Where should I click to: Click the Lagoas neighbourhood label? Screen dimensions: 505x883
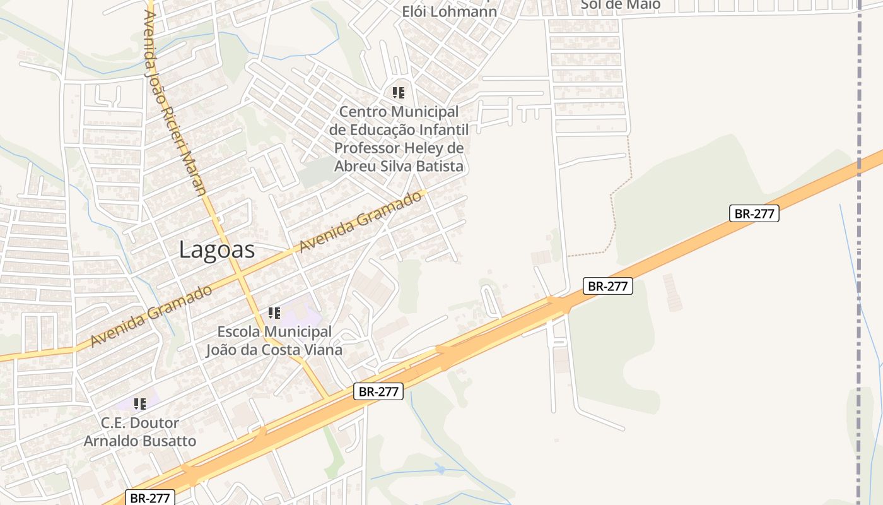click(x=217, y=250)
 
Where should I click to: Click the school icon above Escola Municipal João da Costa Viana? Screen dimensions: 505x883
click(x=274, y=313)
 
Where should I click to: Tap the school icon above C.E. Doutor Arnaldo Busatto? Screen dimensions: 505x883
click(x=140, y=404)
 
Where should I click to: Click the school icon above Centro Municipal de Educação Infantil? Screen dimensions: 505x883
click(x=399, y=93)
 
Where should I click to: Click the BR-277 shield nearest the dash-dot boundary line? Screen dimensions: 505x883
click(x=754, y=213)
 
